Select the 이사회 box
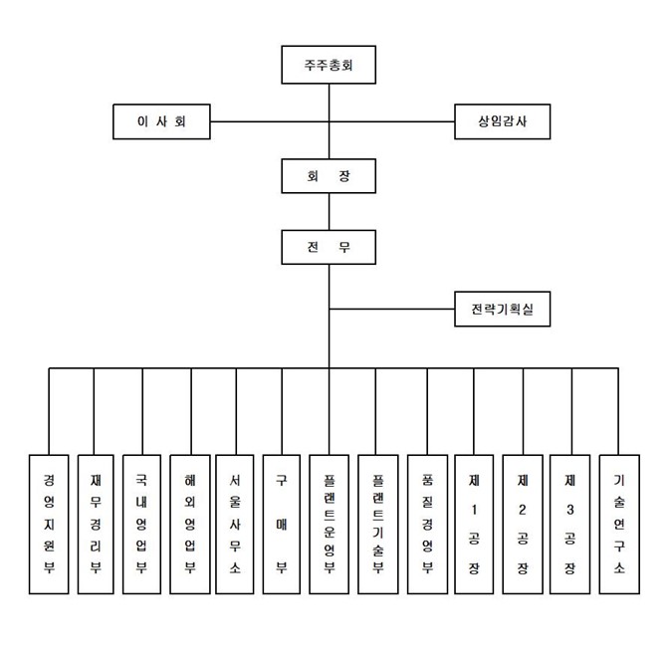160,122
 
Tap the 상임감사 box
501,122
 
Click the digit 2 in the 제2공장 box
523,510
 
